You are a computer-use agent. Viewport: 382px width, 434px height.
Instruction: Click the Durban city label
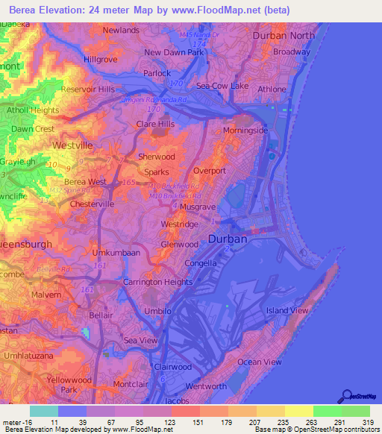click(x=227, y=239)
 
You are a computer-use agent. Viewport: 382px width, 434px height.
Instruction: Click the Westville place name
click(x=72, y=145)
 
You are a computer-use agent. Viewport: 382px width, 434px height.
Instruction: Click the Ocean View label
click(x=259, y=362)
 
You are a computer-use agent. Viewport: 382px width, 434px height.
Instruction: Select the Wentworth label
click(x=205, y=386)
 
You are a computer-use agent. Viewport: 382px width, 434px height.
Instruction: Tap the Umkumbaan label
click(x=116, y=254)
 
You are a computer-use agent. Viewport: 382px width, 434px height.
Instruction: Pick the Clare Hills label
click(x=155, y=124)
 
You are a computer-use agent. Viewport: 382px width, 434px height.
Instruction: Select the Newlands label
click(x=121, y=30)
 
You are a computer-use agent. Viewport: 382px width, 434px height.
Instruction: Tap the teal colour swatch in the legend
click(x=44, y=411)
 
